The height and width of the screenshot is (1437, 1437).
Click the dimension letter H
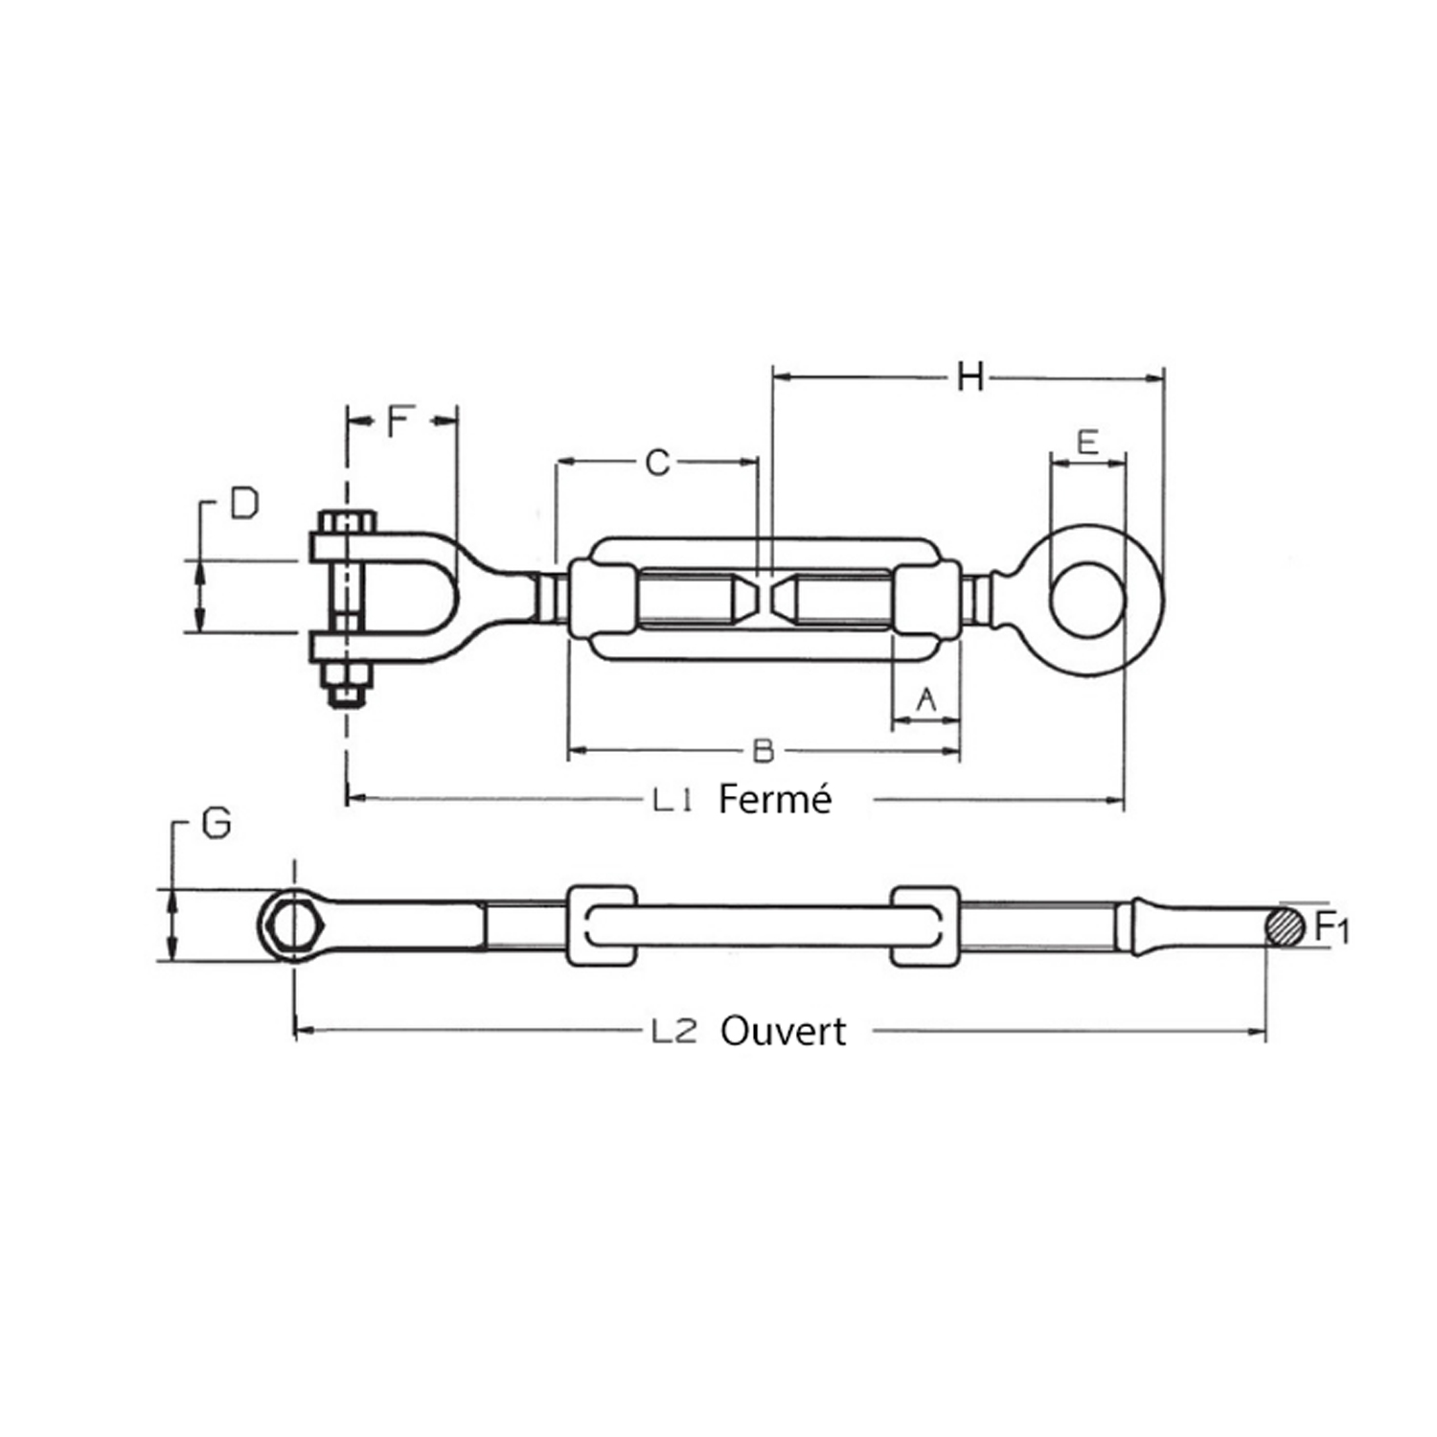tap(970, 377)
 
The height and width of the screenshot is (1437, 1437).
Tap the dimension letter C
tap(657, 463)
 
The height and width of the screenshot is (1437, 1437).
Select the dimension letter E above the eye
tap(1087, 442)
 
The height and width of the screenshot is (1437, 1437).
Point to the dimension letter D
tap(245, 503)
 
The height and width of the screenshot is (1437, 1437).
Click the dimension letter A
tap(926, 700)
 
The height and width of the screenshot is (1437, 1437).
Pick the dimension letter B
tap(763, 750)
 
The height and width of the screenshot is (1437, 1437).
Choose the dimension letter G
tap(217, 823)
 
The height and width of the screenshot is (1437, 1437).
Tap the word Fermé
tap(775, 799)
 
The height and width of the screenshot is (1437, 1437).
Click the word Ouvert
tap(784, 1032)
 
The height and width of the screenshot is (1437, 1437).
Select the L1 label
tap(673, 800)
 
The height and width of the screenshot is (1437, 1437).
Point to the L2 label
tap(673, 1032)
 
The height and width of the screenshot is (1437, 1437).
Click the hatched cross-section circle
tap(1285, 926)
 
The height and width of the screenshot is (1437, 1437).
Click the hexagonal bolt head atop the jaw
tap(347, 522)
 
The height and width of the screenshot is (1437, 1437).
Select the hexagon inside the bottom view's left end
tap(293, 925)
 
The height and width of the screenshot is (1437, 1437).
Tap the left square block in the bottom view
tap(602, 925)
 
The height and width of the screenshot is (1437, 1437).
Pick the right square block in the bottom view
tap(925, 925)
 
